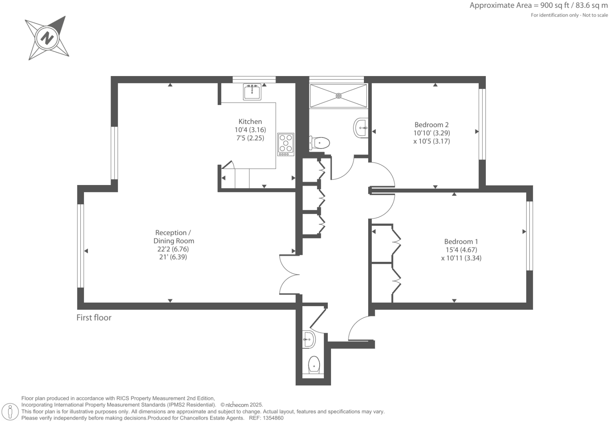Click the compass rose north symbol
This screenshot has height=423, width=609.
click(x=47, y=38)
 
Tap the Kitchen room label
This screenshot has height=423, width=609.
click(x=250, y=122)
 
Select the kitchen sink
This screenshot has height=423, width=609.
click(x=252, y=92)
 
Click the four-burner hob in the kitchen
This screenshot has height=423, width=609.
click(x=285, y=144)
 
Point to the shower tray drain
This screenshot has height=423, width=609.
click(x=338, y=95)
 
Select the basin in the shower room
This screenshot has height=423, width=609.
click(x=361, y=128)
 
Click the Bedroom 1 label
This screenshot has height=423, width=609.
click(x=461, y=241)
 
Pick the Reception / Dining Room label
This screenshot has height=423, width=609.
click(x=173, y=237)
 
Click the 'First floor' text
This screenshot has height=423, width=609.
click(x=94, y=318)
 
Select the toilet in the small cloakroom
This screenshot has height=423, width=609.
click(x=314, y=365)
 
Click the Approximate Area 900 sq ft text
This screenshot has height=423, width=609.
click(x=538, y=5)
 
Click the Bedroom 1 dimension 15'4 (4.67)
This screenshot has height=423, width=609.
click(x=461, y=250)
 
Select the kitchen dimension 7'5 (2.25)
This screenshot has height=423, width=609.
click(x=250, y=138)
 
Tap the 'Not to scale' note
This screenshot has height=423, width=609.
click(x=595, y=15)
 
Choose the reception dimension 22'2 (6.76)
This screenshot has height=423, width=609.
click(x=173, y=249)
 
